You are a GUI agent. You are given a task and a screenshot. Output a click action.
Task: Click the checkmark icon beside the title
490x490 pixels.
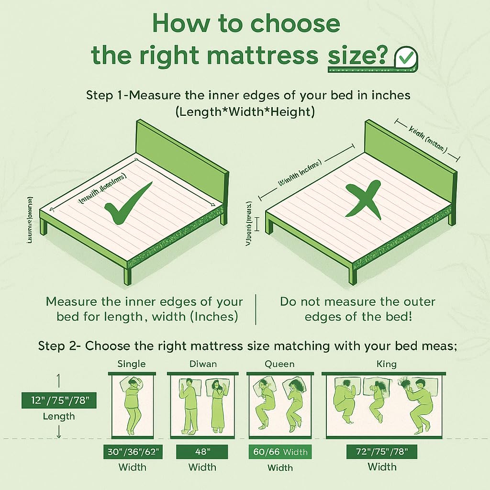pos(405,59)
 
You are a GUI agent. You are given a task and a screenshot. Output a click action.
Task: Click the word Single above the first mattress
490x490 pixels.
pos(131,364)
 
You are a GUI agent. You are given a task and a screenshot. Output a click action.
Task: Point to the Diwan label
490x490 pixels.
pos(202,364)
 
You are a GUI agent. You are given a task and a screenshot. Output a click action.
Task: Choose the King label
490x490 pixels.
pos(386,364)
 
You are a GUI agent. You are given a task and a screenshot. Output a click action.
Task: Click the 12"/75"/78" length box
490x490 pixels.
pos(59,401)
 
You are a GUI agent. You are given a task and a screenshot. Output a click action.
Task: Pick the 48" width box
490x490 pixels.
pos(202,451)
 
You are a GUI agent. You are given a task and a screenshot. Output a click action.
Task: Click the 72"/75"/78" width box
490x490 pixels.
pos(381,451)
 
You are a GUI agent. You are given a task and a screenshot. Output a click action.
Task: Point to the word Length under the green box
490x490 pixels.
pos(59,416)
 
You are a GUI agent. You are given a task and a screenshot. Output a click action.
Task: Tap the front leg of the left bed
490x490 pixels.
pos(127,276)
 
